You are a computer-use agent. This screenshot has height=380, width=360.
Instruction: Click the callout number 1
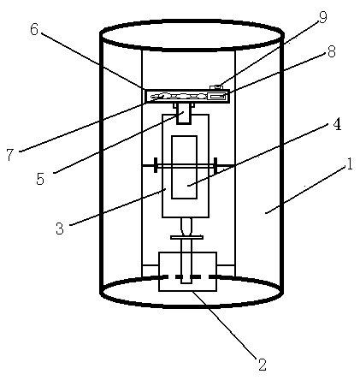349,164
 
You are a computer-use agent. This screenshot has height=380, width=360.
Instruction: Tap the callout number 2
262,364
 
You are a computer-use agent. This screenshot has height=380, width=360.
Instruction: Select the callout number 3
60,229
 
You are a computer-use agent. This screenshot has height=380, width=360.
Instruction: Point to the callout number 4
337,124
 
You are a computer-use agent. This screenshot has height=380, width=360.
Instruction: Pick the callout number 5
40,179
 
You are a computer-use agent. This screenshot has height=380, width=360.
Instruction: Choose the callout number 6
34,29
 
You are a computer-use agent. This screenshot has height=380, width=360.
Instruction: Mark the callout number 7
10,155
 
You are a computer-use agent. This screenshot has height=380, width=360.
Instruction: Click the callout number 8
331,51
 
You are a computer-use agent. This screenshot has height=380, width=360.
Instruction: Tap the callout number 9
322,18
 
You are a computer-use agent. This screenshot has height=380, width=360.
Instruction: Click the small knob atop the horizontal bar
216,86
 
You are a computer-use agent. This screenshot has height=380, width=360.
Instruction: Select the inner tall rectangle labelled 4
184,167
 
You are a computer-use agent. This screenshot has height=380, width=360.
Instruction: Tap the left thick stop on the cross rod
156,165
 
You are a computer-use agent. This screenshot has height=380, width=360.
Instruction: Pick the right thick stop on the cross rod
215,165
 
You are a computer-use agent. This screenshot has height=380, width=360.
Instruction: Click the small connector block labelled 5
184,113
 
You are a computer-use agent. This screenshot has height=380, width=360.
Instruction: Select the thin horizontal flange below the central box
187,237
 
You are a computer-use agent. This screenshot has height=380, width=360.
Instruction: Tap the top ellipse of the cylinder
192,23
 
